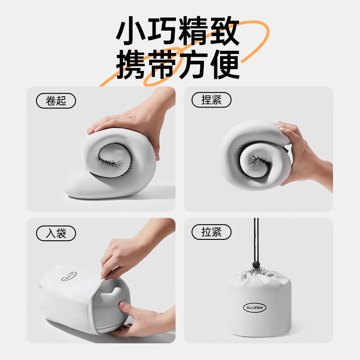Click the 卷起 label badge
pos(56,100)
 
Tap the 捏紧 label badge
pos(211,100)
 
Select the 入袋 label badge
pos(56,233)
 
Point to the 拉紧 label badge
pos(211,233)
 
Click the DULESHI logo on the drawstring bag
pos(256,307)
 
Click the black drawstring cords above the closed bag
pos(256,238)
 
